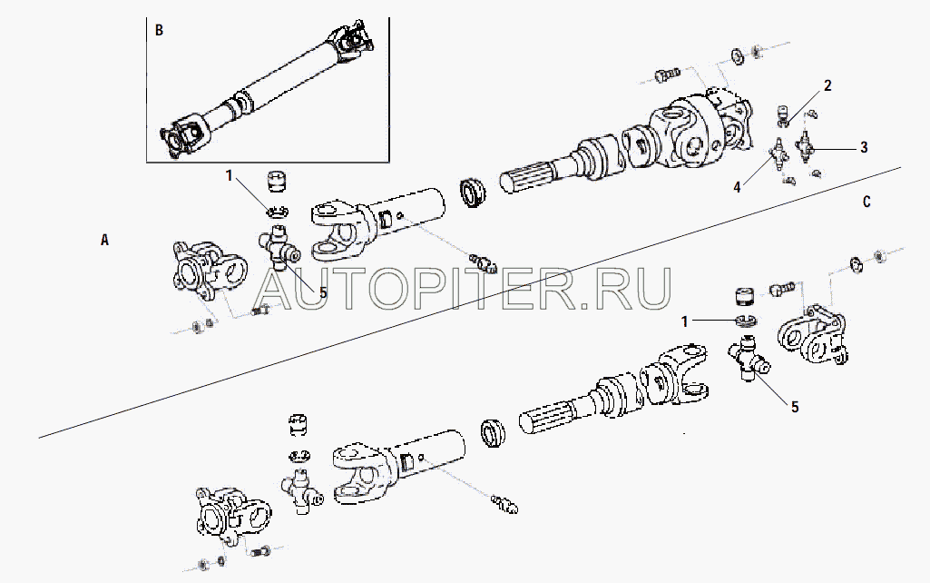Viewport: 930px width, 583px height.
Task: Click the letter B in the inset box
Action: pos(160,30)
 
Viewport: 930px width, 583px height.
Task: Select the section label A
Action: pos(104,241)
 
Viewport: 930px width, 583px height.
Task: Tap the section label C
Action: pos(866,202)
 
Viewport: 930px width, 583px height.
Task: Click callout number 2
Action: pos(827,86)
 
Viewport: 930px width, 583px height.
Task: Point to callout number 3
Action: pos(863,146)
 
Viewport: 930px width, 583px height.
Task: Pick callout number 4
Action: pos(738,188)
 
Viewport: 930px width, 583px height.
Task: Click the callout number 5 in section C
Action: pos(795,407)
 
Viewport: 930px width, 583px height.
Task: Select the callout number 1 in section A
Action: pos(230,173)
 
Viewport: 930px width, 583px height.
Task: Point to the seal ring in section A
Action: pos(473,192)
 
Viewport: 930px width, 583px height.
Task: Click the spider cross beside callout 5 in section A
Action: pos(282,248)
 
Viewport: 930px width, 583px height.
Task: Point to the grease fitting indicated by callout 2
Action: pos(780,115)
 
